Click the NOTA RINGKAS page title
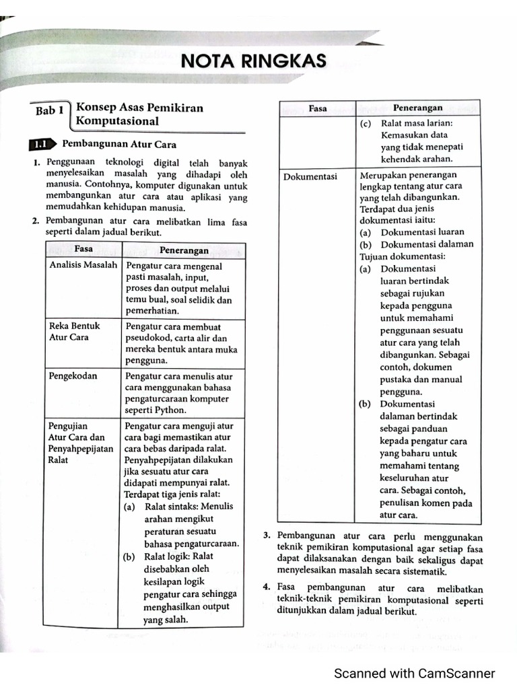[x=254, y=62]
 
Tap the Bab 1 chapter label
[x=50, y=111]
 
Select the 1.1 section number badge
[x=41, y=145]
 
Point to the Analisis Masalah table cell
[x=83, y=265]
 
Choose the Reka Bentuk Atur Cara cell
[x=74, y=332]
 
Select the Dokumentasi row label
[x=310, y=176]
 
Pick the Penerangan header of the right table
[x=417, y=108]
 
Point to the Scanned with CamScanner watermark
[x=415, y=673]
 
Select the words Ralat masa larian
[x=417, y=123]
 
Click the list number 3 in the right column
[x=267, y=536]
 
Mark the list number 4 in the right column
[x=267, y=587]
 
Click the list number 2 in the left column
[x=34, y=221]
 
